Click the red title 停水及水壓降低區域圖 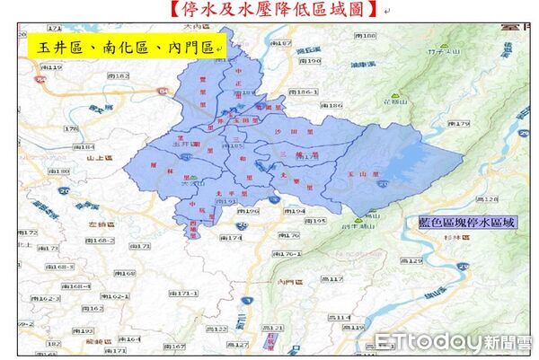pyautogui.click(x=269, y=10)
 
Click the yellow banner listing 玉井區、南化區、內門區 pyautogui.click(x=125, y=47)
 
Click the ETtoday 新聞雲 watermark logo pyautogui.click(x=454, y=341)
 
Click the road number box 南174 pyautogui.click(x=232, y=238)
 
